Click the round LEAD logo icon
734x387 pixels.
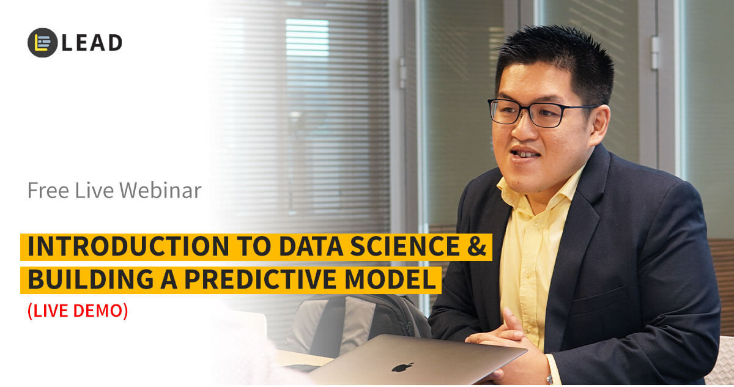[x=42, y=43]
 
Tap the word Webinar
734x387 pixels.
[x=160, y=191]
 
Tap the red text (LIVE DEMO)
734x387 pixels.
[x=78, y=311]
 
